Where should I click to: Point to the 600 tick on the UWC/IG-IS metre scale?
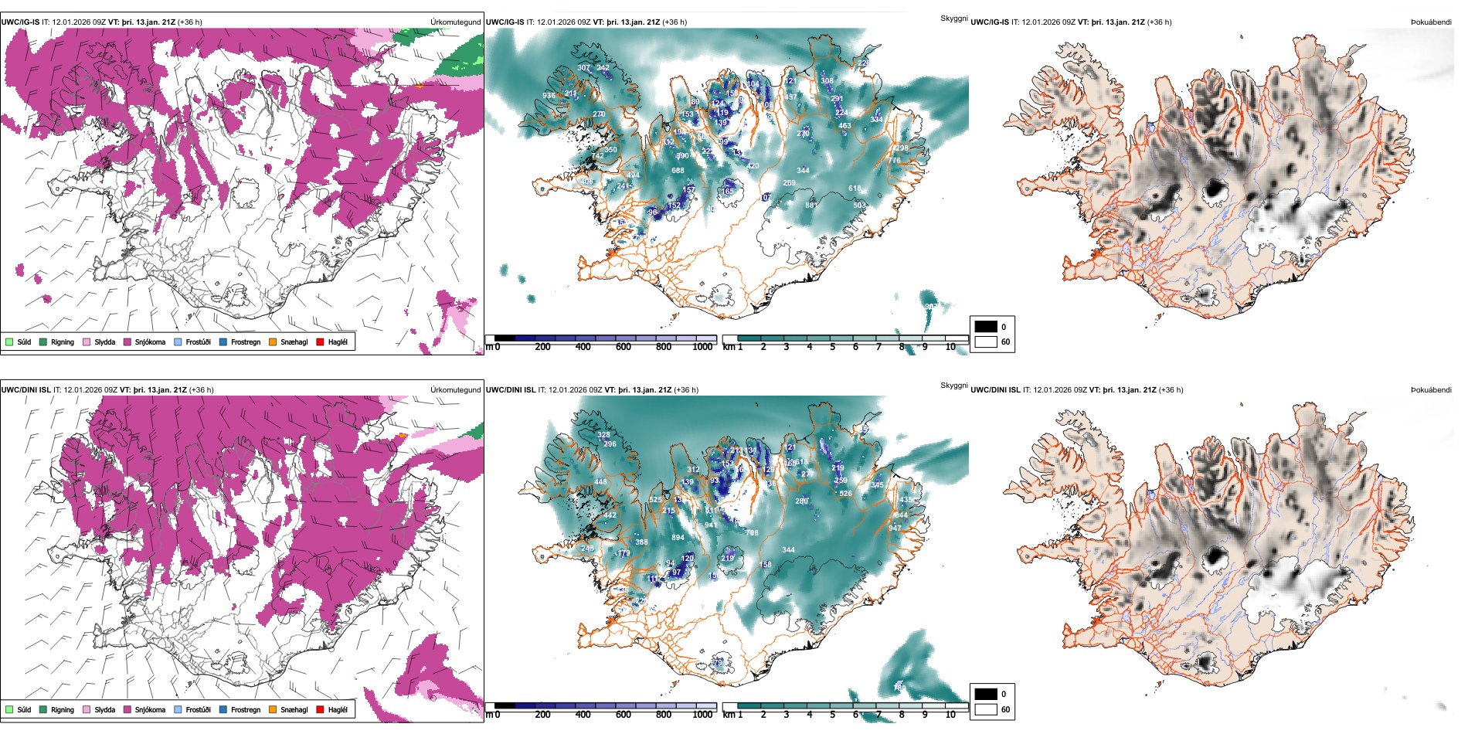tap(623, 347)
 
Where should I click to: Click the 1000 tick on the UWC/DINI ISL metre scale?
tap(702, 715)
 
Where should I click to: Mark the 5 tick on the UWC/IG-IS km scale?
tap(832, 347)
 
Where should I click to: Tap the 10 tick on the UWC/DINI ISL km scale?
tap(950, 715)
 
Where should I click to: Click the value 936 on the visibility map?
tap(549, 96)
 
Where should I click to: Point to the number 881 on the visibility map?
tap(811, 206)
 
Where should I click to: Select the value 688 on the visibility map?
tap(678, 171)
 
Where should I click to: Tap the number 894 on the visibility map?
tap(678, 538)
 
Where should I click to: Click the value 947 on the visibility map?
tap(895, 528)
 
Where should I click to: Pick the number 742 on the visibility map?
tap(598, 156)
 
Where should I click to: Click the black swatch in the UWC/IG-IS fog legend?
tap(986, 327)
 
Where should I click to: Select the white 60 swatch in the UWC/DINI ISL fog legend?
tap(986, 709)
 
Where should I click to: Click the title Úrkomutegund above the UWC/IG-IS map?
tap(455, 22)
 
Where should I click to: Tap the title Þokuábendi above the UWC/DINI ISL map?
tap(1431, 390)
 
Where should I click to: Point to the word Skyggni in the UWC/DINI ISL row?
tap(953, 385)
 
